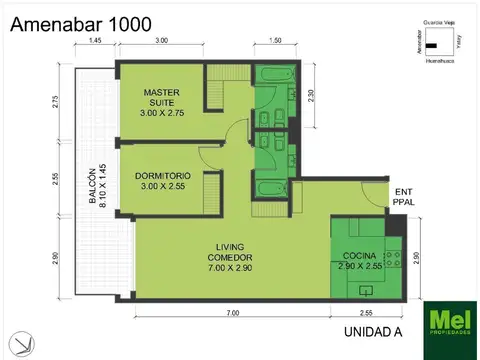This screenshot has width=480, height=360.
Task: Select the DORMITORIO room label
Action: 162,181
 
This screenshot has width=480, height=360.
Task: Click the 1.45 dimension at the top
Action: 94,41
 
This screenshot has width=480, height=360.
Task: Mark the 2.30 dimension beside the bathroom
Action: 312,95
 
